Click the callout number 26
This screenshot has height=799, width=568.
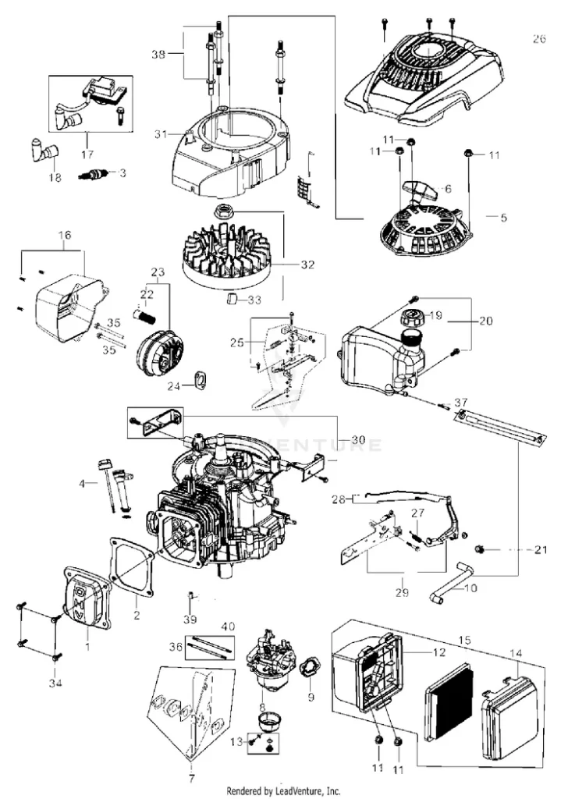pos(538,38)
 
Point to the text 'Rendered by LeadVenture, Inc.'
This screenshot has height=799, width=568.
pos(283,790)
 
